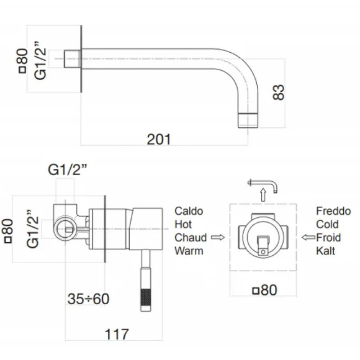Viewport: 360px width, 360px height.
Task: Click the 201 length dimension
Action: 159,140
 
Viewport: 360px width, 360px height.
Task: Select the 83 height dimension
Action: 278,92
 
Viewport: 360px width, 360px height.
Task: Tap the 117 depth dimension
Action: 117,335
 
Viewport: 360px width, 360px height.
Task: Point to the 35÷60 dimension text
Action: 88,299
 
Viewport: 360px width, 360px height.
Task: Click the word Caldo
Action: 189,211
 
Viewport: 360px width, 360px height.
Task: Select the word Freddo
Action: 333,211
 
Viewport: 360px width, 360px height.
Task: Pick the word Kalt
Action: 325,251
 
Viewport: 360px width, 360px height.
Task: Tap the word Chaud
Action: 191,238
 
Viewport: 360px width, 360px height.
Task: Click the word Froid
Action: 328,238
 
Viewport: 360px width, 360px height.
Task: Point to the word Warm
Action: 189,251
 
